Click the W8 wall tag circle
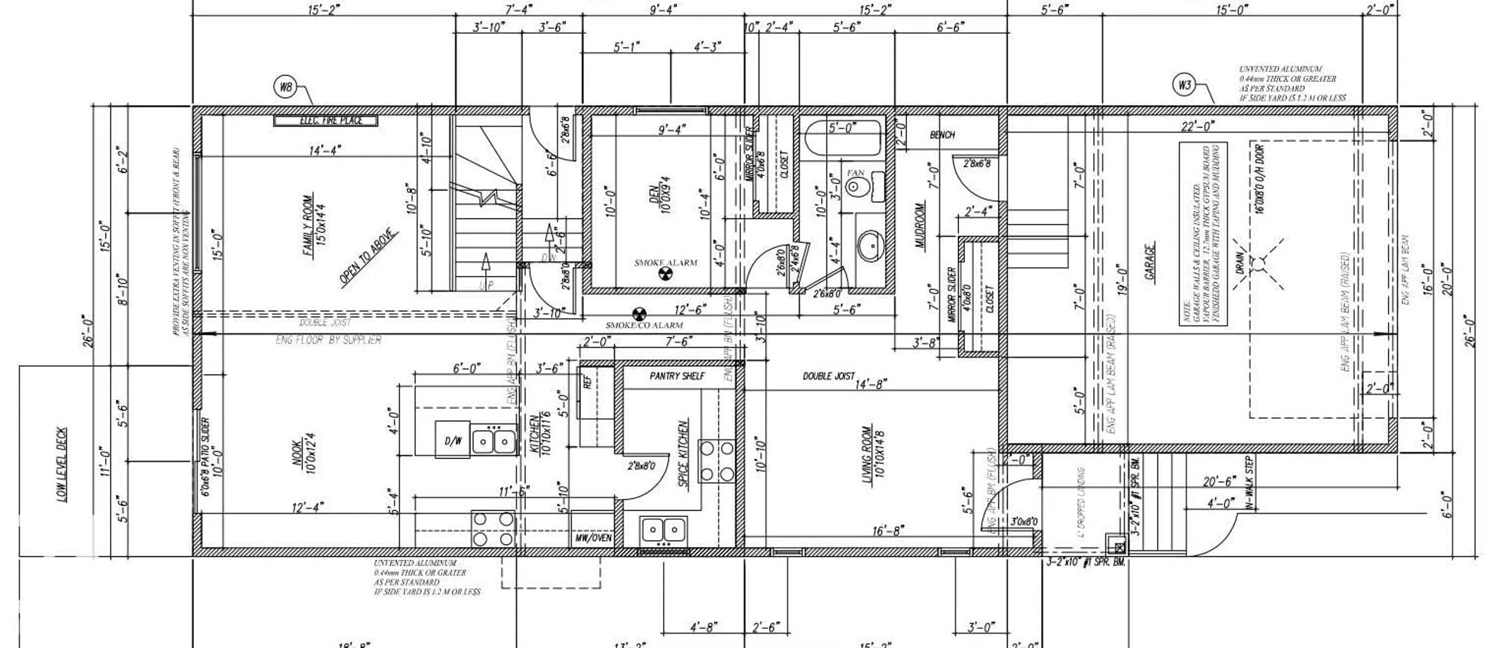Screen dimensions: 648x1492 [286, 87]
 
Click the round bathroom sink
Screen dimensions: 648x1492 [870, 247]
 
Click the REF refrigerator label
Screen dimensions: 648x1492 [588, 383]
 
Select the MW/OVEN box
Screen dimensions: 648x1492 [593, 538]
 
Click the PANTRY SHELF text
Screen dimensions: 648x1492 [677, 376]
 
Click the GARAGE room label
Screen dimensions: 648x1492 [1150, 261]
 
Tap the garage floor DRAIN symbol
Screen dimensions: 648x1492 [1258, 265]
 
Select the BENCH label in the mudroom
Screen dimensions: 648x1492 [942, 135]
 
